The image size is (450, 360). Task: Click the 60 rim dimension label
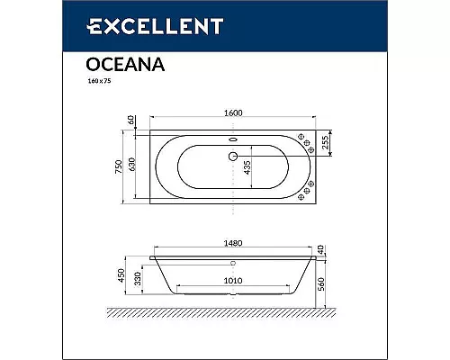130,121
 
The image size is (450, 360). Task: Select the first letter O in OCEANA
93,65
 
